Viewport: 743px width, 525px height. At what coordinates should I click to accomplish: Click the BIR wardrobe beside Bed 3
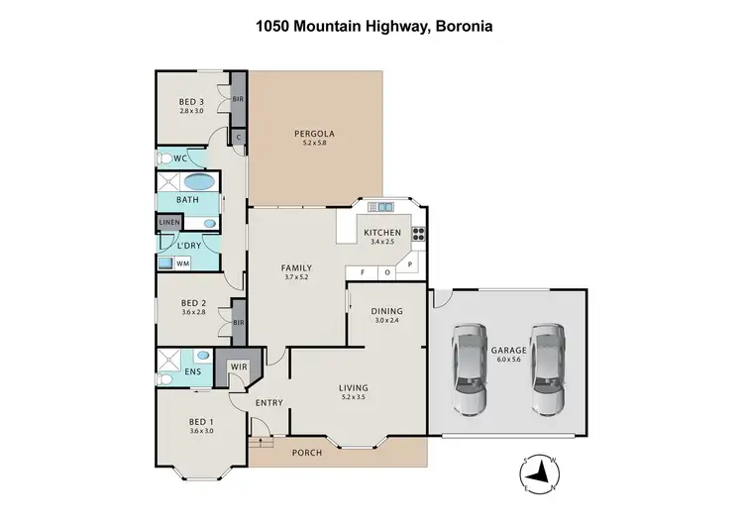point(238,100)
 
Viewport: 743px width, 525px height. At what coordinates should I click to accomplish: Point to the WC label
point(180,158)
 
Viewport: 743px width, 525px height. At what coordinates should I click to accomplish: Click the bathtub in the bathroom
point(198,182)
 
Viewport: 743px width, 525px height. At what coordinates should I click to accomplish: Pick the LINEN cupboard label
point(169,223)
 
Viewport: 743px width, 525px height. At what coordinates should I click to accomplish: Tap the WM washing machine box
point(182,263)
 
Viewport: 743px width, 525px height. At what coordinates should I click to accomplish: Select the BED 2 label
point(192,303)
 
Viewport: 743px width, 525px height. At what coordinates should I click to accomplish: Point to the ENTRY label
point(268,402)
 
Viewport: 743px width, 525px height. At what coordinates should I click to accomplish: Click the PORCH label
point(306,454)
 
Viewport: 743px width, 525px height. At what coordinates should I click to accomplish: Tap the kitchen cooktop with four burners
point(418,236)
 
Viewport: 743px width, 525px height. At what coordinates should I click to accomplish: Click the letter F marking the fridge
point(363,271)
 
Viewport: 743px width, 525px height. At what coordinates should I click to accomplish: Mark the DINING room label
point(385,311)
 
